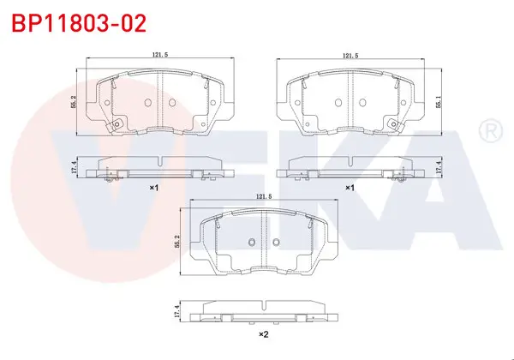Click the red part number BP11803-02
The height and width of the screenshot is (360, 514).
coord(79,23)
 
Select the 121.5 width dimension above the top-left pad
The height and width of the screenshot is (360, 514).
coord(159,55)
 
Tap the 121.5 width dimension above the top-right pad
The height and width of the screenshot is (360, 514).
coord(350,56)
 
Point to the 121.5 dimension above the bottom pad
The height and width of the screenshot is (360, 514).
coord(264,196)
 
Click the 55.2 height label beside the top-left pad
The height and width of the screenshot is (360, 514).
coord(74,102)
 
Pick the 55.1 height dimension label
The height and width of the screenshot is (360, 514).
coord(439,102)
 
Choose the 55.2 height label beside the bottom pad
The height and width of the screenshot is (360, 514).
coord(177,242)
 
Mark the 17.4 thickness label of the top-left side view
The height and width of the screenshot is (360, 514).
coord(74,167)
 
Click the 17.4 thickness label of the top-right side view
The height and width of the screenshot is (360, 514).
coord(439,167)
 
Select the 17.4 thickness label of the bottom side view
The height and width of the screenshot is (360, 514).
coord(177,311)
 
